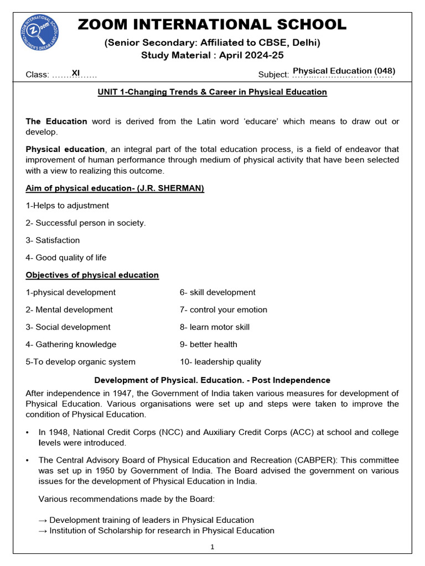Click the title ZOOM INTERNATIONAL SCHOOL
(x=212, y=25)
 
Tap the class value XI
(x=76, y=72)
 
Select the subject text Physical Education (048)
(x=344, y=71)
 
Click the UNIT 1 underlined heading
(x=212, y=92)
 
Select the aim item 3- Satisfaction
(x=53, y=240)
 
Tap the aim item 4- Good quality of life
(x=66, y=258)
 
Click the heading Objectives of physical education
(x=92, y=275)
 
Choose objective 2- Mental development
(x=69, y=310)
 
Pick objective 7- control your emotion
(x=223, y=310)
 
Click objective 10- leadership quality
(x=220, y=362)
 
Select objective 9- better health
(x=208, y=344)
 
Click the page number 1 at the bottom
(x=212, y=547)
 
